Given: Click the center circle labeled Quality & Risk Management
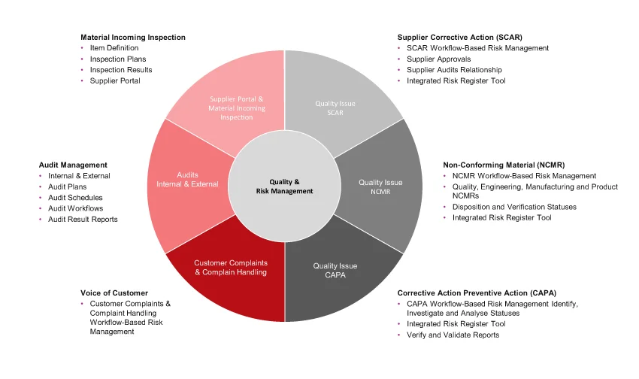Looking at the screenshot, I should [x=284, y=186].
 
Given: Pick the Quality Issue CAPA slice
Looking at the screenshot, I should [x=335, y=269].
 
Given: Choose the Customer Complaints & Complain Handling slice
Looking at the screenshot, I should [x=230, y=268].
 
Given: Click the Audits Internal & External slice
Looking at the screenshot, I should [x=187, y=179].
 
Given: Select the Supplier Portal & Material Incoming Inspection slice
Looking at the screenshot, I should [x=235, y=108].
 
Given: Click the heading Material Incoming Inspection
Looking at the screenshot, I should [x=133, y=37].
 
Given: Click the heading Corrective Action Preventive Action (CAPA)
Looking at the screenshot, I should [x=487, y=293].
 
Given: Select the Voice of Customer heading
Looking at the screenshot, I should [x=114, y=293].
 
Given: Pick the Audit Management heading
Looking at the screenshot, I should [x=73, y=165].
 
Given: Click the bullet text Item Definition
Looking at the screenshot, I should [x=114, y=48].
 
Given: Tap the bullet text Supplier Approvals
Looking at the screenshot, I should [x=439, y=59].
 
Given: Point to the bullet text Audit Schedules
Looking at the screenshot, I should [x=74, y=198].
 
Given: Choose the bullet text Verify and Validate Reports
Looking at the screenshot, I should [x=453, y=335].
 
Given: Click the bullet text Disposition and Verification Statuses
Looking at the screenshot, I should [x=514, y=207].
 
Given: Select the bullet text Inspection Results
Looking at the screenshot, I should [x=121, y=70].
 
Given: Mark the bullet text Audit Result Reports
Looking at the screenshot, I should [x=83, y=219].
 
